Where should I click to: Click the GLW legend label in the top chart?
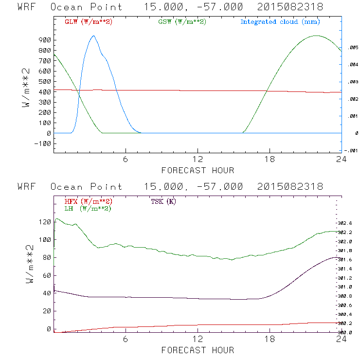88,22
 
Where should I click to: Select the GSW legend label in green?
181,22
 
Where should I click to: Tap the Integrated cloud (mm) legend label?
280,22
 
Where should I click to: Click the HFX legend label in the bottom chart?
88,201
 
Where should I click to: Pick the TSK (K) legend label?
163,201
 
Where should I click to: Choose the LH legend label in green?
88,208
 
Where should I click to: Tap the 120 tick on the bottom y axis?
45,222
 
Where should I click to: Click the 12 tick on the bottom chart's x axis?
198,340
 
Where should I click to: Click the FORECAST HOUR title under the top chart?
198,170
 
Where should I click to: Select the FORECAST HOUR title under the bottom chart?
198,350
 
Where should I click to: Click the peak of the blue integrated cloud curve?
94,36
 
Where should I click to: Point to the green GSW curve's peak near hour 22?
316,36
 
